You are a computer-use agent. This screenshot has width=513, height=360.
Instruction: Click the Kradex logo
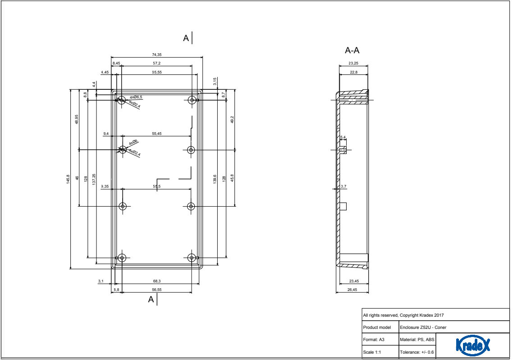pyautogui.click(x=473, y=345)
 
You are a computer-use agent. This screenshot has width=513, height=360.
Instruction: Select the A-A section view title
pyautogui.click(x=352, y=51)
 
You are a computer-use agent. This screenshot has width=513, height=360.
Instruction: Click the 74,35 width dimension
pyautogui.click(x=156, y=55)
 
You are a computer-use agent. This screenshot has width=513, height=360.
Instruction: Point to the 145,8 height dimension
pyautogui.click(x=68, y=179)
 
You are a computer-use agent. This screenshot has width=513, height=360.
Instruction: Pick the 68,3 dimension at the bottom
pyautogui.click(x=156, y=282)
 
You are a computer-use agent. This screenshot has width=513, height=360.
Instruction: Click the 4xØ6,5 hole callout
pyautogui.click(x=136, y=97)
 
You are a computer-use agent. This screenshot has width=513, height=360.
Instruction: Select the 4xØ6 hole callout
pyautogui.click(x=133, y=143)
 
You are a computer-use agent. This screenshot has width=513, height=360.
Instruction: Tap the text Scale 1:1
pyautogui.click(x=372, y=352)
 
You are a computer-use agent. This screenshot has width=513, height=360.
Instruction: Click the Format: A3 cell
pyautogui.click(x=373, y=339)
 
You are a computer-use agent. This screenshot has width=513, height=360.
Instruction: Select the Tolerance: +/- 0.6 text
pyautogui.click(x=417, y=352)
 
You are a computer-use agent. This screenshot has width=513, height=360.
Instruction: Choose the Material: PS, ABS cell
pyautogui.click(x=417, y=339)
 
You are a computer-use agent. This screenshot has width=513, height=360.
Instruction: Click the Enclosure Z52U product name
pyautogui.click(x=423, y=327)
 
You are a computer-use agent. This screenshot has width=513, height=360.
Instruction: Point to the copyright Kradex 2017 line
pyautogui.click(x=403, y=315)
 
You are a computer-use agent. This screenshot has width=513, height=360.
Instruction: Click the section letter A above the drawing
pyautogui.click(x=186, y=38)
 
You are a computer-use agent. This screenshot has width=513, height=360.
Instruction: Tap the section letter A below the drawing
pyautogui.click(x=151, y=299)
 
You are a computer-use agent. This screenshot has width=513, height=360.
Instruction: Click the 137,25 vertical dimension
pyautogui.click(x=94, y=179)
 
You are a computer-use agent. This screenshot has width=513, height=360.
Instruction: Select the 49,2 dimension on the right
pyautogui.click(x=232, y=120)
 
